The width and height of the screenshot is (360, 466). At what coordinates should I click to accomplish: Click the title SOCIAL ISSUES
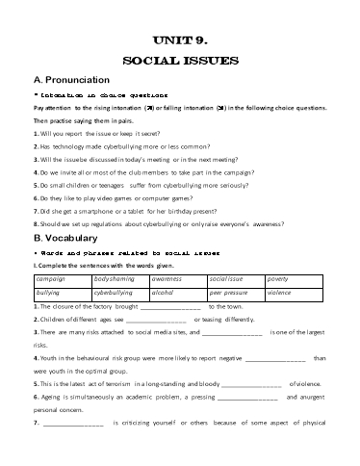click(x=180, y=61)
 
